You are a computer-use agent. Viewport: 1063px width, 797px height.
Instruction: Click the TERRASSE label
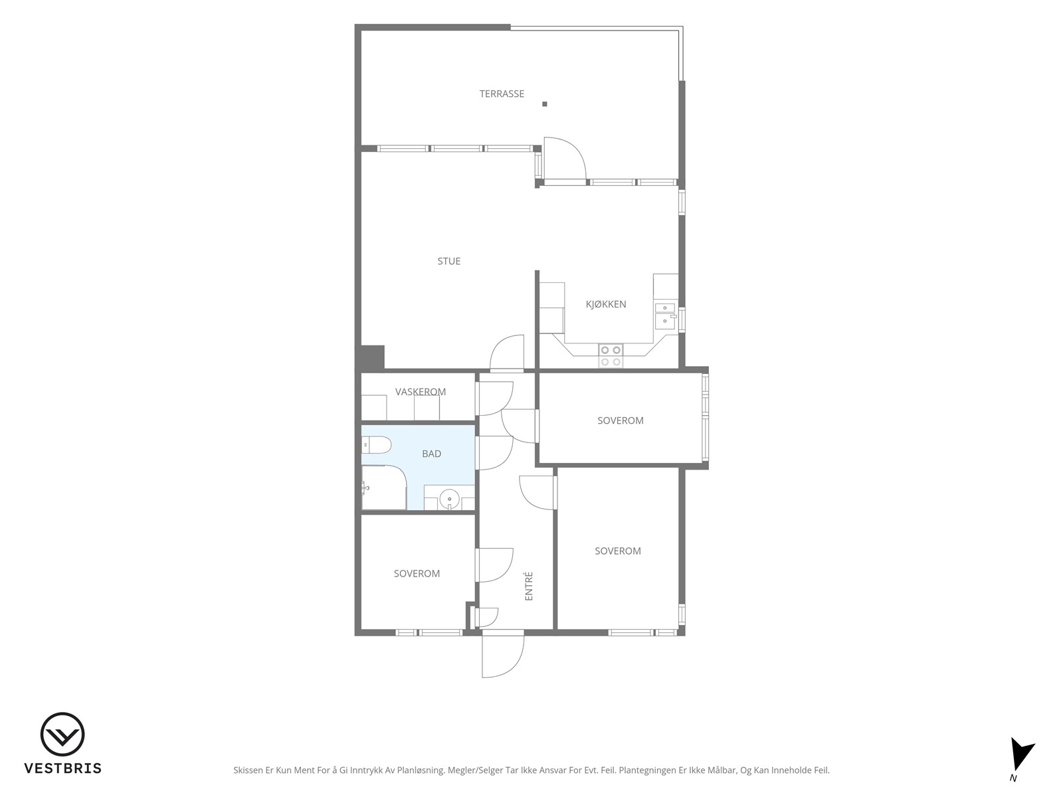502,94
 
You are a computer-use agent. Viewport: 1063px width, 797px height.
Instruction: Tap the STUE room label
449,261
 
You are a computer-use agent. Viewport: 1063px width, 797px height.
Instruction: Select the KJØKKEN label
606,304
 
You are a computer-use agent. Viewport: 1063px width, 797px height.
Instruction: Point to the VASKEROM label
421,392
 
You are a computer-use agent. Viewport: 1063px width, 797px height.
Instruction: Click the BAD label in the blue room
431,454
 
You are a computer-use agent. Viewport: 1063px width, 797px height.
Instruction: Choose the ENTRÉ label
529,586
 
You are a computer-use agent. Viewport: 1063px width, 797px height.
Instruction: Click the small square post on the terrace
545,104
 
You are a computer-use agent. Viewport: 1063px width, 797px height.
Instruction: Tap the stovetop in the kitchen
611,356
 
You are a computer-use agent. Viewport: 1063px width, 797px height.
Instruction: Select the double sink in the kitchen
666,315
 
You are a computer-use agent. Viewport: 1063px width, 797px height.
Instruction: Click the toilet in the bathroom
376,445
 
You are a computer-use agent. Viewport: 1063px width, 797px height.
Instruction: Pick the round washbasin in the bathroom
450,498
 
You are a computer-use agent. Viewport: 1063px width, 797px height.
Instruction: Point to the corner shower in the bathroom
384,487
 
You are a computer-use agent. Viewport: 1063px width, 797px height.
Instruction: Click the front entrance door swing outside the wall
503,656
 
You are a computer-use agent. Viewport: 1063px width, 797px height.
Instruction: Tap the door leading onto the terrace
565,158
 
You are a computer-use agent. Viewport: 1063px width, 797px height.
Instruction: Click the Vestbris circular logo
62,735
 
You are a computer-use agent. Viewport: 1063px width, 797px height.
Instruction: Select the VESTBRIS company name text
63,768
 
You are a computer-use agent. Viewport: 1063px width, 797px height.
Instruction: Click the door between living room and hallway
507,352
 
